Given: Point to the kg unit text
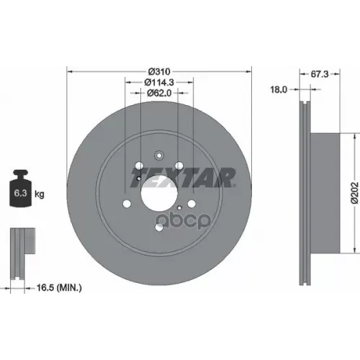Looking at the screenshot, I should click(40, 194).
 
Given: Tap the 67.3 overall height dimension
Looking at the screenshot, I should click(320, 72).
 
